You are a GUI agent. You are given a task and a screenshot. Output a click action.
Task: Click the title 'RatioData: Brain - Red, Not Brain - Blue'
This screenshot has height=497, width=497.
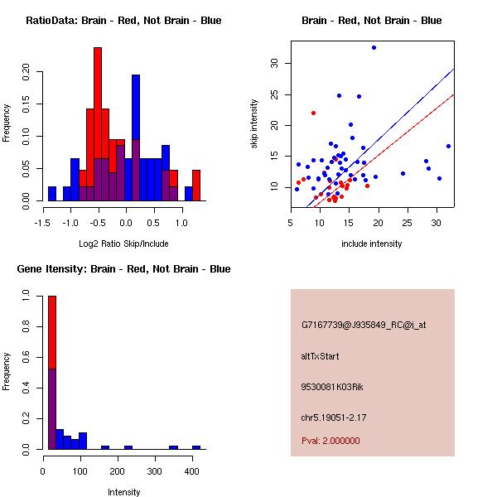[123, 20]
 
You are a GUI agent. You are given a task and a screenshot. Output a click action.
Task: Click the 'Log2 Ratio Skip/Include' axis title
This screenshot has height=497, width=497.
[124, 244]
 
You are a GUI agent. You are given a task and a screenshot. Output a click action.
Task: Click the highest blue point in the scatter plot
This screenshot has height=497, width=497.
[374, 47]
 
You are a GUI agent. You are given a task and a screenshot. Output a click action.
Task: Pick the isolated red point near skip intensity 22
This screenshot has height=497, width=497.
[313, 113]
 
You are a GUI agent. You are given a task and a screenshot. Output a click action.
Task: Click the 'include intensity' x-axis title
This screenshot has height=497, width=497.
[373, 244]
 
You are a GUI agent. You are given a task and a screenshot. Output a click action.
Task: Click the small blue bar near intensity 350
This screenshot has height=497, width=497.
[173, 447]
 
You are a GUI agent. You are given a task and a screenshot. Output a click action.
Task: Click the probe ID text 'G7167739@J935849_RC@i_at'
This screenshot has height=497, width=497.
[364, 326]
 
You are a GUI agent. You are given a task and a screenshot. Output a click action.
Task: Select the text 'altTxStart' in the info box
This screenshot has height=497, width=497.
[321, 356]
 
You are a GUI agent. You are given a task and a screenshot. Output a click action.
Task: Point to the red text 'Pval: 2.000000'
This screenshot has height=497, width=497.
[331, 441]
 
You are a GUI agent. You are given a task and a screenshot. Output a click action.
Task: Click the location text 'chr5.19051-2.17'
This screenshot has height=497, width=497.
[334, 417]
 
